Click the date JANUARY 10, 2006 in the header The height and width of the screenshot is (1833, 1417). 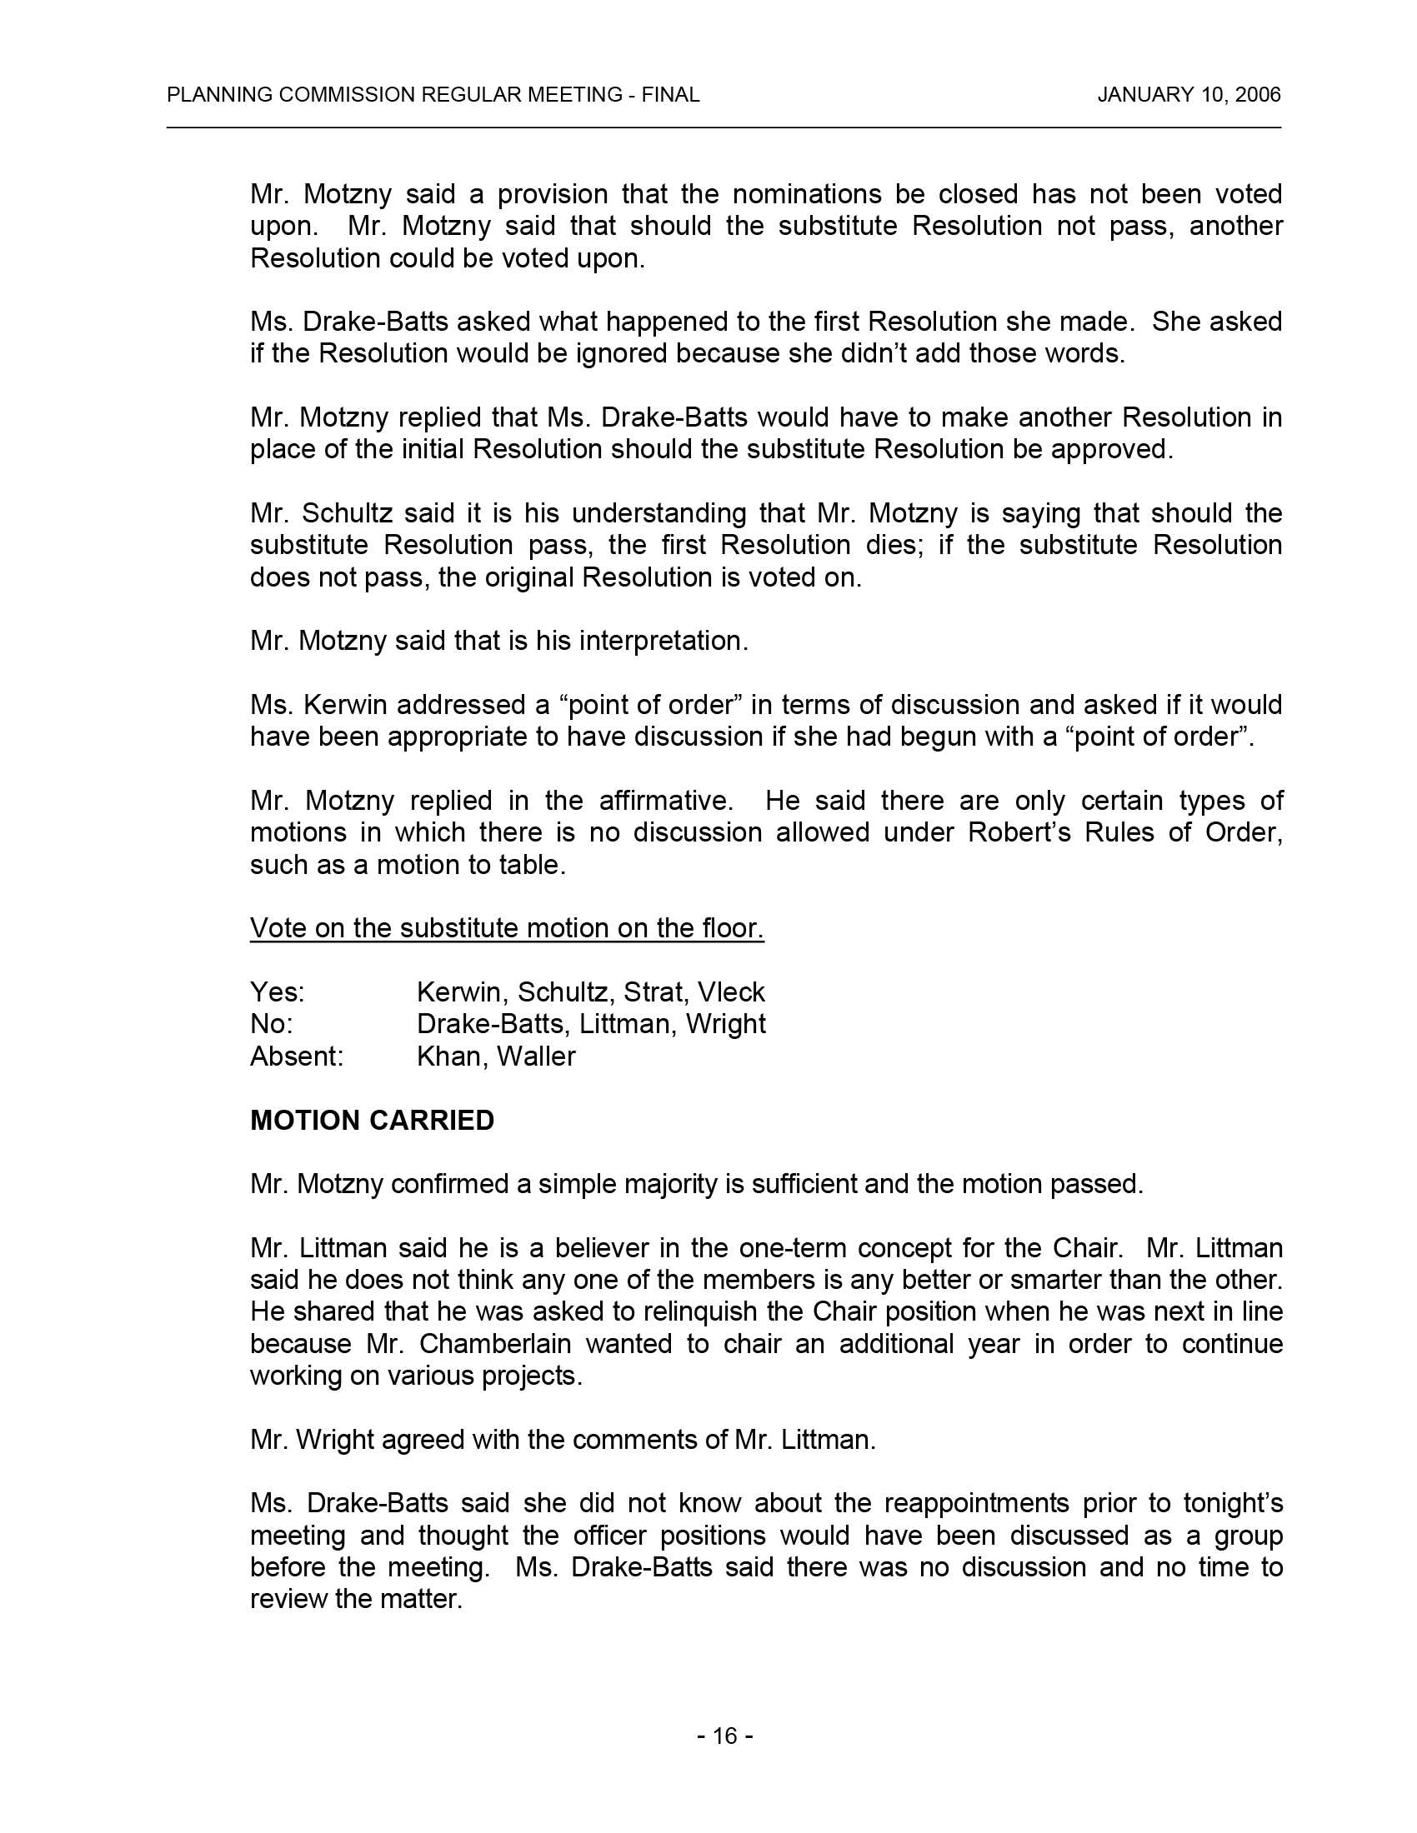[1189, 95]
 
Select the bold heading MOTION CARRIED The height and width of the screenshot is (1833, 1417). [372, 1121]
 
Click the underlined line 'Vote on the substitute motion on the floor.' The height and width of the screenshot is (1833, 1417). [507, 928]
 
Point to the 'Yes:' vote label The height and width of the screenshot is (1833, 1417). [277, 992]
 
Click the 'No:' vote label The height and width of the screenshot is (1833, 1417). [271, 1024]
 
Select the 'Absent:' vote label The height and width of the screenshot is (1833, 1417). [297, 1056]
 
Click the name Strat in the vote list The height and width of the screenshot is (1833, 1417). [654, 992]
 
